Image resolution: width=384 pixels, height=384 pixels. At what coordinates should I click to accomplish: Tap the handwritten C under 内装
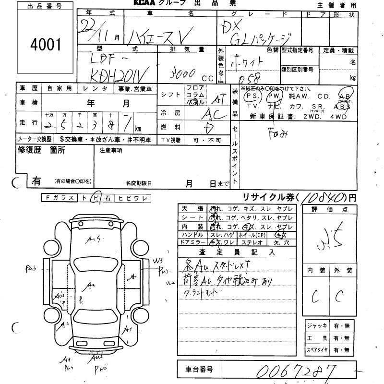pyautogui.click(x=315, y=297)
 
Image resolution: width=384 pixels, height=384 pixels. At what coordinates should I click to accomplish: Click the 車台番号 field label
pyautogui.click(x=198, y=370)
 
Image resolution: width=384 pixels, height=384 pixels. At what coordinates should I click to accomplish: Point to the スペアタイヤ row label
pyautogui.click(x=317, y=350)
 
